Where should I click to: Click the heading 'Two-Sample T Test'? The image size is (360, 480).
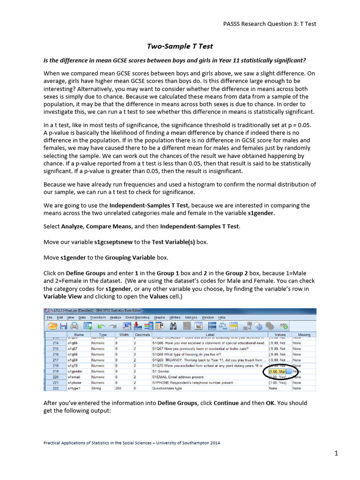tap(180, 46)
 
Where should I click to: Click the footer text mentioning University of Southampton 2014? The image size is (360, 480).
tap(131, 442)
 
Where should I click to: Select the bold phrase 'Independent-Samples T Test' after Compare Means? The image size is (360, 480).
tap(200, 226)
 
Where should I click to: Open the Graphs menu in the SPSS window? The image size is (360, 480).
tap(159, 317)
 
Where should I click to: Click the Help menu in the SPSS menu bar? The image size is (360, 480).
tap(222, 317)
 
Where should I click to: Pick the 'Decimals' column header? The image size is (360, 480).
tap(142, 335)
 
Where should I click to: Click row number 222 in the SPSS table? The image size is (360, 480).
tap(56, 389)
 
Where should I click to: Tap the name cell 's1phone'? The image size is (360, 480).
tap(75, 383)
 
